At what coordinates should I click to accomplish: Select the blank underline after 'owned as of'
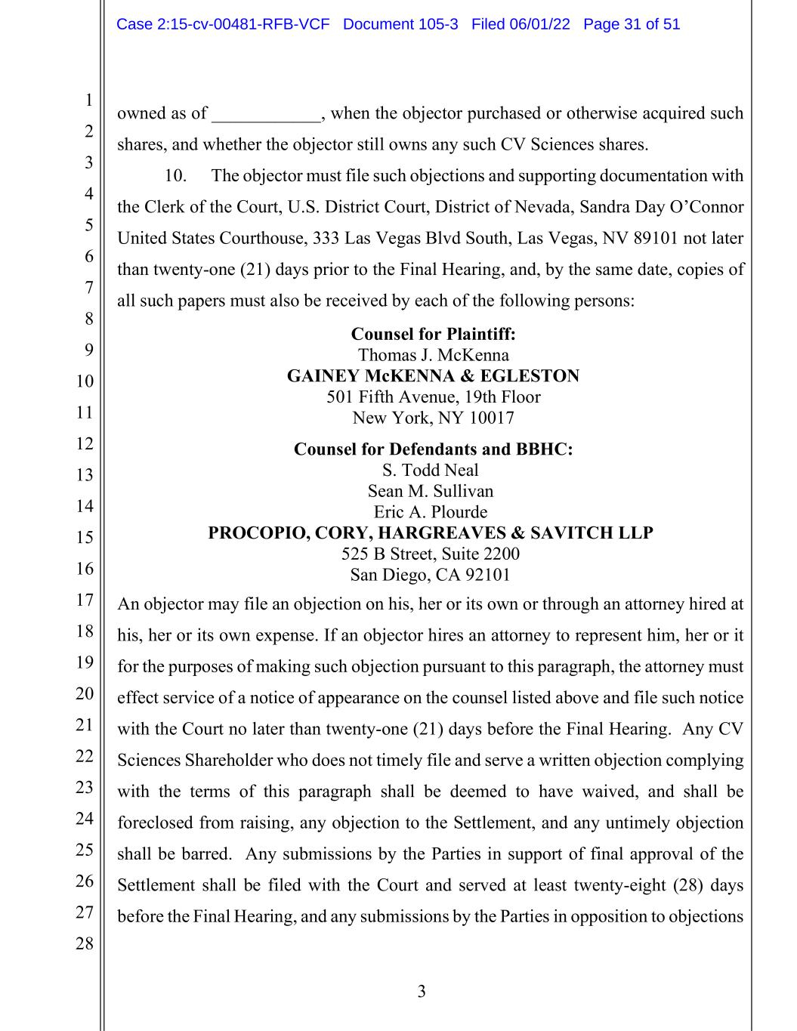pyautogui.click(x=266, y=116)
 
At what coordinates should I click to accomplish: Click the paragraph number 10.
pyautogui.click(x=175, y=176)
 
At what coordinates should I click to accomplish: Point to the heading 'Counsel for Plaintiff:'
pyautogui.click(x=433, y=334)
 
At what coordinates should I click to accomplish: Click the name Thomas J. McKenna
pyautogui.click(x=433, y=355)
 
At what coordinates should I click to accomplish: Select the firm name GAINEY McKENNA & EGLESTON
pyautogui.click(x=433, y=376)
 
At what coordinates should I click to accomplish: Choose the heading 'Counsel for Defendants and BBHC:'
pyautogui.click(x=433, y=449)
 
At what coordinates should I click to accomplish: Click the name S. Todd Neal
pyautogui.click(x=430, y=470)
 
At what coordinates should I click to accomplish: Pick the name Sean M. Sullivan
pyautogui.click(x=430, y=491)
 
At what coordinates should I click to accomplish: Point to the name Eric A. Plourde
pyautogui.click(x=430, y=512)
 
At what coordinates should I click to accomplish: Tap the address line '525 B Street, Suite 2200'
pyautogui.click(x=430, y=554)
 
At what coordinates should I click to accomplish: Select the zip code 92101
pyautogui.click(x=488, y=576)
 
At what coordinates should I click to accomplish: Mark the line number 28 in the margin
pyautogui.click(x=84, y=943)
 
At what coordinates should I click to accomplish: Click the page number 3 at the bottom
pyautogui.click(x=422, y=992)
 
